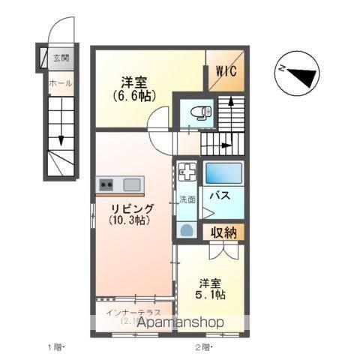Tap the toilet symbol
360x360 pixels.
click(x=200, y=112)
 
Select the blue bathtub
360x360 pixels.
click(x=224, y=173)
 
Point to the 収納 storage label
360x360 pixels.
click(x=223, y=233)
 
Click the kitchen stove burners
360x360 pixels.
click(x=106, y=184)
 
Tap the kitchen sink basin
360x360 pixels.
click(x=132, y=184)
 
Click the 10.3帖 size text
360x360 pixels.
click(x=129, y=220)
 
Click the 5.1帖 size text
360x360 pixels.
click(x=211, y=295)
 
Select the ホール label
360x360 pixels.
click(x=60, y=83)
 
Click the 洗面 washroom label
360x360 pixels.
click(x=186, y=199)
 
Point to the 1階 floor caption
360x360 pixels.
click(x=57, y=347)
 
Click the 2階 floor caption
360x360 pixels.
click(x=204, y=347)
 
